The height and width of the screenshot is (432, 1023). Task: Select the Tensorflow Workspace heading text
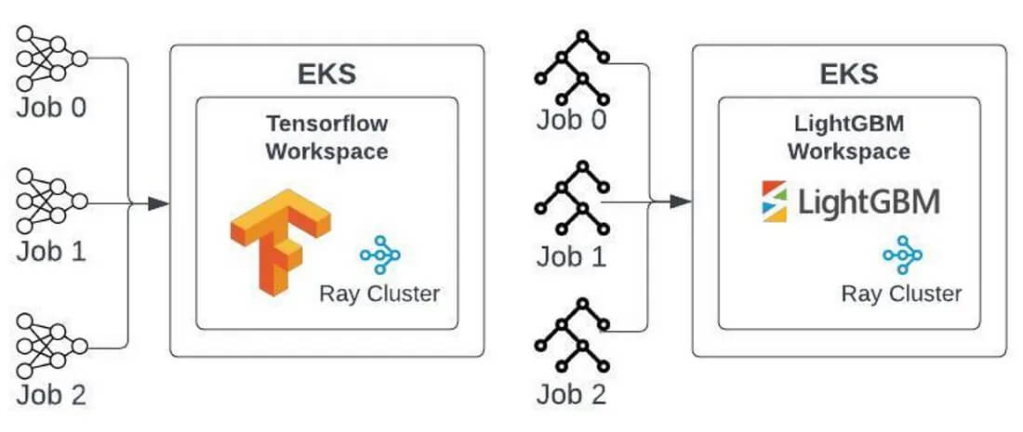[327, 137]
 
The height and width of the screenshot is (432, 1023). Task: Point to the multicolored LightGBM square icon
[774, 202]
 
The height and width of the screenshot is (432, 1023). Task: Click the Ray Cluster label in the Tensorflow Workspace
[379, 295]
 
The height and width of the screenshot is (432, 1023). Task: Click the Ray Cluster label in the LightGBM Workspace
[901, 295]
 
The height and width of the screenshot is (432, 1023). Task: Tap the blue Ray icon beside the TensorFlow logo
[379, 254]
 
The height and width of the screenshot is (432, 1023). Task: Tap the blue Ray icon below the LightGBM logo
[902, 255]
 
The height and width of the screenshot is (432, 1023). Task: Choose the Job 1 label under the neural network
[51, 250]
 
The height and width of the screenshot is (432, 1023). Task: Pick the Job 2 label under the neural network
[51, 394]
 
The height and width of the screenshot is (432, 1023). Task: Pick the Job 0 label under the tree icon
[571, 120]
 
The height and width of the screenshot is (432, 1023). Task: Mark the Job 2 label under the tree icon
[571, 394]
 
